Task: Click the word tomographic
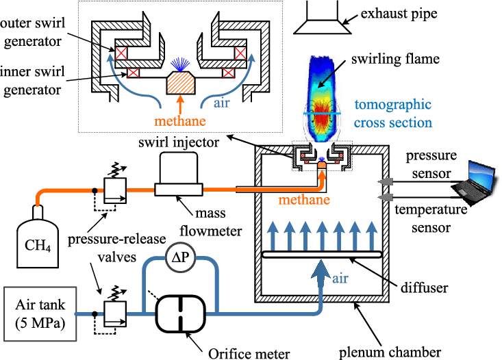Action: [392, 105]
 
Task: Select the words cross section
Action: [392, 123]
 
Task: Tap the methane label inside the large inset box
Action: [180, 121]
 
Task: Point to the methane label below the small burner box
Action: [303, 200]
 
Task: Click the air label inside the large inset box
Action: [221, 103]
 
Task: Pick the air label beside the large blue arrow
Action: [340, 279]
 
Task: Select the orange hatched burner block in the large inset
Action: [181, 83]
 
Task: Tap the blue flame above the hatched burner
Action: [180, 64]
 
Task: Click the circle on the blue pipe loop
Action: [180, 257]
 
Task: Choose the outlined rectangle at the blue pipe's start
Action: [40, 313]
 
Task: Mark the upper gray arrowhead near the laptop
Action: [386, 182]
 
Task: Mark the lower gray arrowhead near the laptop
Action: [386, 197]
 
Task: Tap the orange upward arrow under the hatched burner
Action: [180, 103]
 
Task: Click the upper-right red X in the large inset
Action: [240, 53]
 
